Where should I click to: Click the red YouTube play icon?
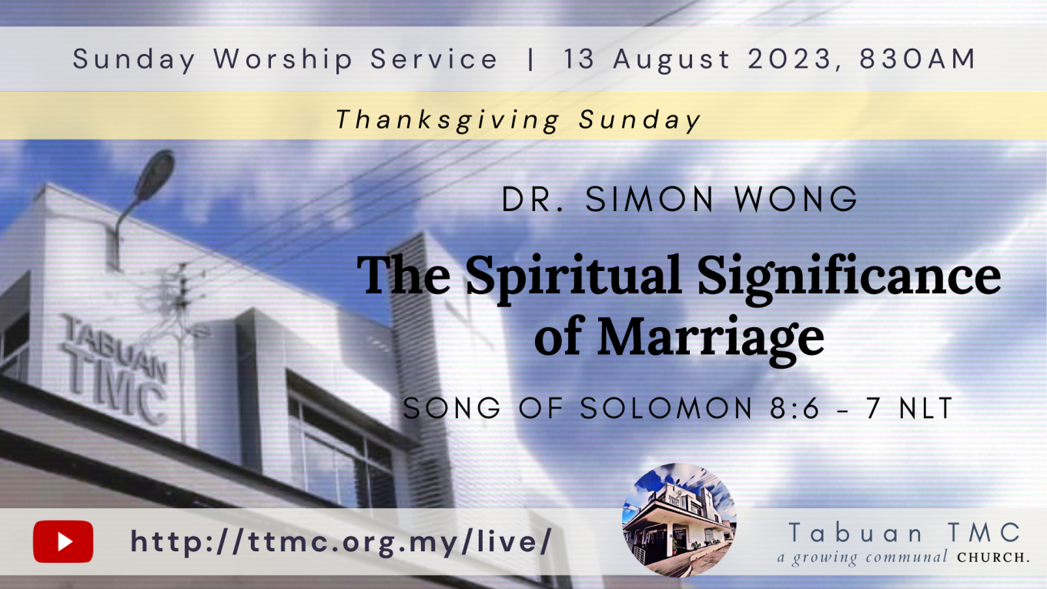pyautogui.click(x=63, y=541)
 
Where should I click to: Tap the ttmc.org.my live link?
pyautogui.click(x=341, y=542)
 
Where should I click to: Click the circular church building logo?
pyautogui.click(x=679, y=520)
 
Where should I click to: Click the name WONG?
pyautogui.click(x=795, y=199)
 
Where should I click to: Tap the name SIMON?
pyautogui.click(x=649, y=199)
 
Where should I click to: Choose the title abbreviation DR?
pyautogui.click(x=533, y=199)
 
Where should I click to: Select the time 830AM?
pyautogui.click(x=917, y=59)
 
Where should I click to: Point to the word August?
pyautogui.click(x=671, y=60)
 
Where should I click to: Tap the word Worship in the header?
pyautogui.click(x=283, y=60)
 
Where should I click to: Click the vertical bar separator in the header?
pyautogui.click(x=530, y=59)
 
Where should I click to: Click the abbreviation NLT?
pyautogui.click(x=926, y=408)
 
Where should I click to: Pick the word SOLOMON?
pyautogui.click(x=666, y=408)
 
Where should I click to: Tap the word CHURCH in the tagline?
pyautogui.click(x=993, y=557)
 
